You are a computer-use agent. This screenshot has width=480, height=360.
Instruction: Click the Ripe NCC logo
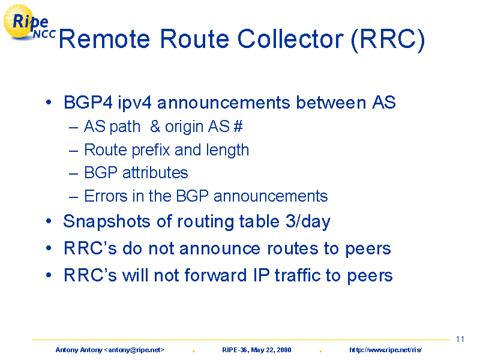pos(29,22)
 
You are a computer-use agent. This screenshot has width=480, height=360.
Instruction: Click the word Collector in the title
pos(290,39)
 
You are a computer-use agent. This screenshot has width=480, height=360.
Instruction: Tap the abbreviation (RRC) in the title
pos(388,40)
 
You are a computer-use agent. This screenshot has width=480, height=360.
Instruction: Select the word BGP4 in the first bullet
pos(88,102)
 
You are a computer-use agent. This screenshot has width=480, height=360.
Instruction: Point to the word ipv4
pos(134,103)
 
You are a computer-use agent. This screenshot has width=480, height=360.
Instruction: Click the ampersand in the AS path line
pos(155,126)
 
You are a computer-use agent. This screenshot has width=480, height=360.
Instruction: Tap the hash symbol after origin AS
pos(238,126)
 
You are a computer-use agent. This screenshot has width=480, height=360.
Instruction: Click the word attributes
pos(155,173)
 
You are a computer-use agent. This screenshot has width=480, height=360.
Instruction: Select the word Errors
pos(106,196)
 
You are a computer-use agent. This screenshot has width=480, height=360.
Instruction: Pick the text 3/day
pos(308,221)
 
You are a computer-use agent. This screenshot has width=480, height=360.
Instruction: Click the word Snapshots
pos(107,221)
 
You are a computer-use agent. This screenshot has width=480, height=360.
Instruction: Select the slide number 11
pos(460,339)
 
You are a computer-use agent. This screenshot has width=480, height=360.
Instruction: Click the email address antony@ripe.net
pos(134,350)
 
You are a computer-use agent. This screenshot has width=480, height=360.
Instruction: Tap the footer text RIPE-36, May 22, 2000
pos(257,350)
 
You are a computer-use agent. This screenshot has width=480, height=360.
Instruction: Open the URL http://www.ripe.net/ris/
pos(385,350)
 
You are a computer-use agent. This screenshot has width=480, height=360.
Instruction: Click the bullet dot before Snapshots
pos(49,221)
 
